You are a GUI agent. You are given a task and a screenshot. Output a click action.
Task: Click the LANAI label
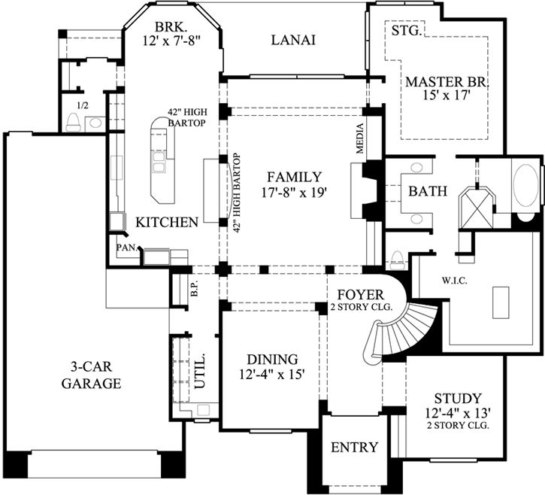coord(292,40)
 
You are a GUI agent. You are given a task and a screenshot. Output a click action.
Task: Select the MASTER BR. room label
coord(447,81)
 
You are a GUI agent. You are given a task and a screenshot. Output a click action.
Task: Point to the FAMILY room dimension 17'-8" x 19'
coord(293,193)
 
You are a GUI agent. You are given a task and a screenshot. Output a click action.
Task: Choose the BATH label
coord(428,192)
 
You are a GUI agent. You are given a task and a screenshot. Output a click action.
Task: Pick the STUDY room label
coord(457,398)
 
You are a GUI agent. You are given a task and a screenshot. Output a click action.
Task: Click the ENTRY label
coord(354,448)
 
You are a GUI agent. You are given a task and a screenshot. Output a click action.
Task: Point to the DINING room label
coord(272,360)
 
